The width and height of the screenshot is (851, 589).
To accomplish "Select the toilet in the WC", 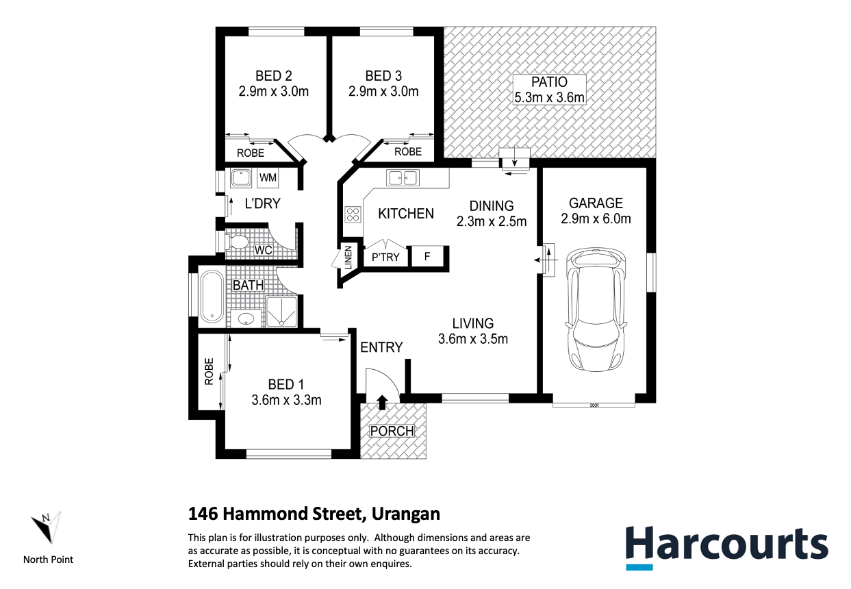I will (x=238, y=242).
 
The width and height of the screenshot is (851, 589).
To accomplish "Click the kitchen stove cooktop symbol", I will (x=353, y=214).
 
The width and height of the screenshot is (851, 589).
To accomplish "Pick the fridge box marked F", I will (x=427, y=257).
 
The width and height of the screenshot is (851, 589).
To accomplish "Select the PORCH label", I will (x=392, y=431).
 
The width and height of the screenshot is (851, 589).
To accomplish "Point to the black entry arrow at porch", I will (x=381, y=401).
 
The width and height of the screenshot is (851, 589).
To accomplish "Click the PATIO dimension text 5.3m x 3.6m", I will (x=550, y=97).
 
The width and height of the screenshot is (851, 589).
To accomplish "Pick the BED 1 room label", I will (x=286, y=384).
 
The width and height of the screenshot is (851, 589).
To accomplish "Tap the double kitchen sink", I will (x=403, y=178).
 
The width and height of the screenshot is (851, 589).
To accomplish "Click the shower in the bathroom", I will (x=282, y=312).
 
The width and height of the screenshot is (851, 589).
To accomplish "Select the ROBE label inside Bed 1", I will (x=209, y=372).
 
